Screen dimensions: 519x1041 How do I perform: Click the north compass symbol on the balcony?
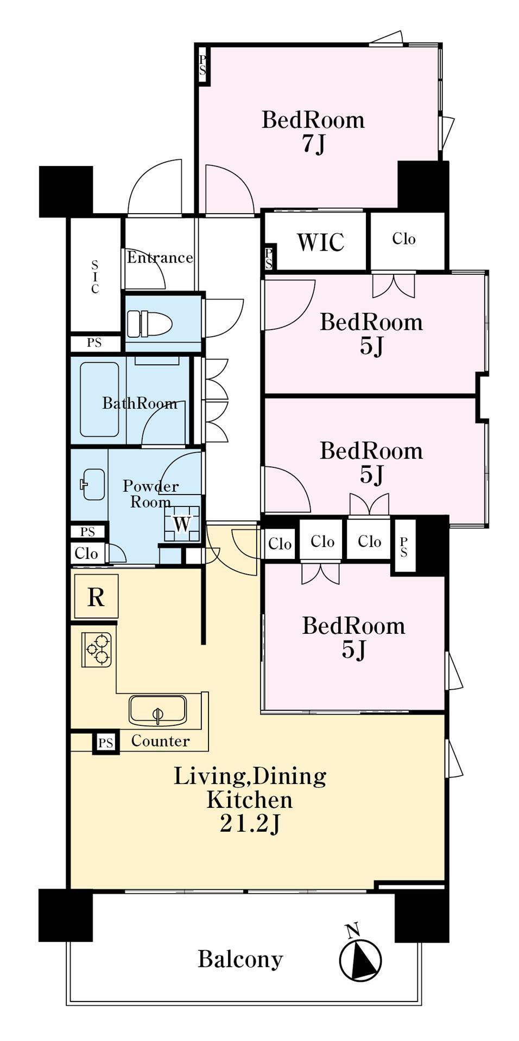pos(360,959)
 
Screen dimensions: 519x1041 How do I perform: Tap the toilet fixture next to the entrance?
pos(149,324)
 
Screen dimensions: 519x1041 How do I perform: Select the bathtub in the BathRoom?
pos(99,400)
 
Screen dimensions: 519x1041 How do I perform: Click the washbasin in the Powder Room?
pos(93,484)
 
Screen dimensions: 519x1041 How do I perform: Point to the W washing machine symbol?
pos(182,523)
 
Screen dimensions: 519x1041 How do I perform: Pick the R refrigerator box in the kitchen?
pos(96,596)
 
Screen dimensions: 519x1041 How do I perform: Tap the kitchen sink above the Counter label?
pos(157,710)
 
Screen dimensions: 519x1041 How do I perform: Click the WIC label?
pos(320,242)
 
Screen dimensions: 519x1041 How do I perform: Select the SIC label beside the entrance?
pos(95,277)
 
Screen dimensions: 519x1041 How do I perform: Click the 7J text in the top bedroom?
pos(313,144)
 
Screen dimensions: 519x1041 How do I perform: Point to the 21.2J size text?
pos(250,824)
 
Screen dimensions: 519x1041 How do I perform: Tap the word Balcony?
pos(240,959)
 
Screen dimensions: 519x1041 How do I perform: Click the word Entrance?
pos(160,257)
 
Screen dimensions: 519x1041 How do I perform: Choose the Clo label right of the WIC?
pos(404,239)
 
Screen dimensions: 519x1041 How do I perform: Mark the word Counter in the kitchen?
pos(161,741)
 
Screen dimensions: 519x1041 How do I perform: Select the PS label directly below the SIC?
pos(94,343)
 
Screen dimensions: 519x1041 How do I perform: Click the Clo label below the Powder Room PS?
pos(86,554)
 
